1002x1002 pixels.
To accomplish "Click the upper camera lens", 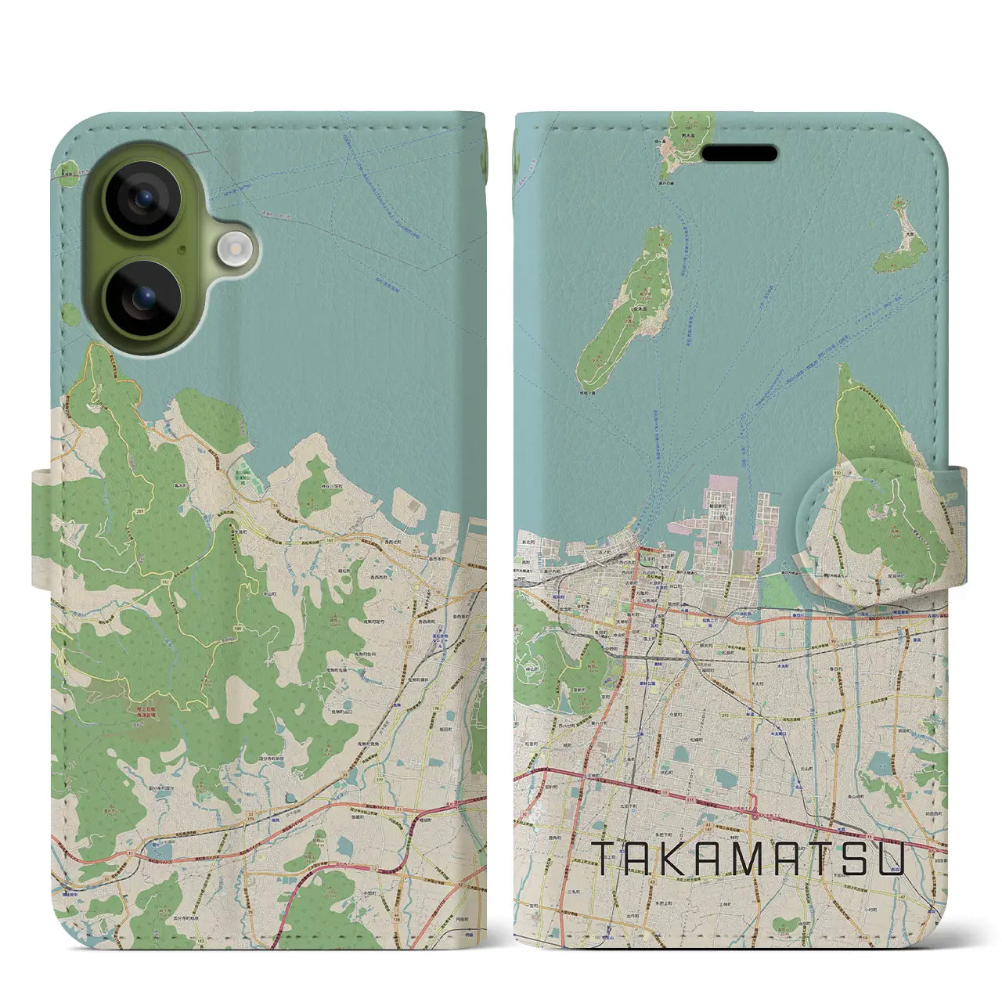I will pyautogui.click(x=144, y=199).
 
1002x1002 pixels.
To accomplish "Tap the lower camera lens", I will pyautogui.click(x=144, y=297).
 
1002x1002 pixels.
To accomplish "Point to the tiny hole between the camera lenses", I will pyautogui.click(x=182, y=250).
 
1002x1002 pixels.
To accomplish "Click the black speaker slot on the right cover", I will pyautogui.click(x=739, y=153).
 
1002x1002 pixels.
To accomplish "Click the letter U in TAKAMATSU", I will pyautogui.click(x=892, y=859).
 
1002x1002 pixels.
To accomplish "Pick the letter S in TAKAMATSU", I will pyautogui.click(x=851, y=859).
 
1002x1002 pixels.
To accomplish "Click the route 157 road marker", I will pyautogui.click(x=758, y=553).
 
